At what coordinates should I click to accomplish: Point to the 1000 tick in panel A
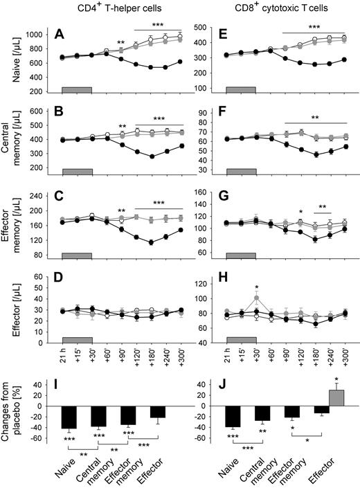click(x=47, y=34)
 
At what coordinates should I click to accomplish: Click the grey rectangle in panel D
click(x=77, y=340)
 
